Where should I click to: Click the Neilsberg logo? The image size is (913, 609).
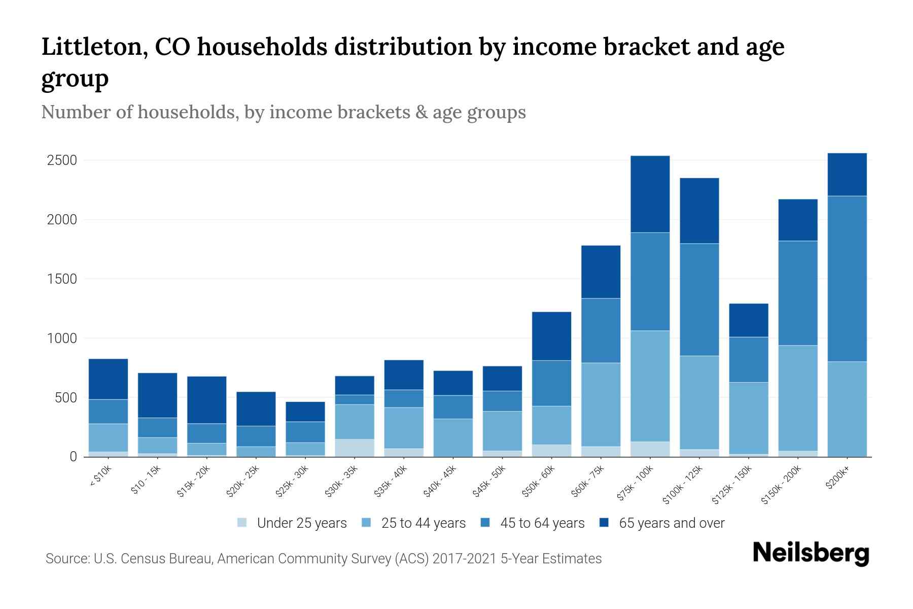[811, 553]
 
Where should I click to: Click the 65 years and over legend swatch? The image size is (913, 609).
[604, 523]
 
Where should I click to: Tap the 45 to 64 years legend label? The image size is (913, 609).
[542, 523]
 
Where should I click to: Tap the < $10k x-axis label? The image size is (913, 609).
[100, 477]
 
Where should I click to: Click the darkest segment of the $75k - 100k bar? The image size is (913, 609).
[650, 194]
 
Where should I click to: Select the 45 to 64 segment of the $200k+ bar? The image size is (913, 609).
[847, 278]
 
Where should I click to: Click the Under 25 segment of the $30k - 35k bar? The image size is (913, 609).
[354, 448]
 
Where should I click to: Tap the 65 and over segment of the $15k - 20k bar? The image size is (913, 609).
[206, 399]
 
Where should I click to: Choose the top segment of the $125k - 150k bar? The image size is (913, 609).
[748, 320]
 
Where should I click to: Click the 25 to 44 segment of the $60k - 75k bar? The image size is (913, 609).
[601, 404]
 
